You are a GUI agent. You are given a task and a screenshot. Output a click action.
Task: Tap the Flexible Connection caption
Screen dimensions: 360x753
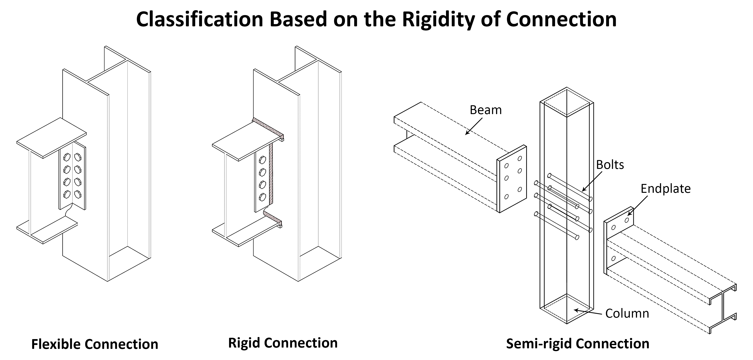pos(95,344)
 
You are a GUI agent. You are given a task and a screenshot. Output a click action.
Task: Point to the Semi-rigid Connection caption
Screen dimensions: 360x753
pos(578,344)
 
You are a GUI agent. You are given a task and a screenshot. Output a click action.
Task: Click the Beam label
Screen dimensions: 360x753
pos(485,110)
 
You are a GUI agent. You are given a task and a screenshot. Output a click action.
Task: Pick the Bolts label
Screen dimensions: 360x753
pos(610,165)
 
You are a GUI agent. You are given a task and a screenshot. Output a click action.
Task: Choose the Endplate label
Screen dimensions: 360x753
pos(665,189)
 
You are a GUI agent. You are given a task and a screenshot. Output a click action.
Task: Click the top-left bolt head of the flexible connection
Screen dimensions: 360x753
pos(67,157)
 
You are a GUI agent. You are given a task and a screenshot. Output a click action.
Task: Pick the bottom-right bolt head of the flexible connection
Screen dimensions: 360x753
pos(77,194)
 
